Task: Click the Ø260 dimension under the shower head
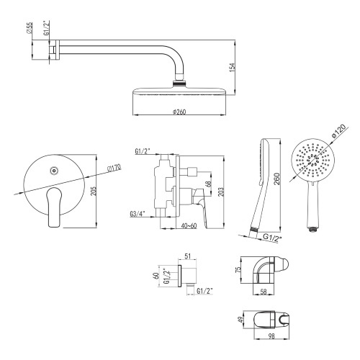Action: click(179, 112)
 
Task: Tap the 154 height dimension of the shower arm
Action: click(232, 68)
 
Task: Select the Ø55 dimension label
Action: click(30, 28)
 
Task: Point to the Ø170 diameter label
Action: click(114, 168)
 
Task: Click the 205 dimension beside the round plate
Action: click(94, 191)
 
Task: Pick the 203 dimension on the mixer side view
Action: click(221, 192)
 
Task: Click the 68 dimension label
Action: click(209, 184)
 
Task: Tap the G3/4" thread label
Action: click(138, 214)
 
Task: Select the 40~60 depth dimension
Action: click(189, 226)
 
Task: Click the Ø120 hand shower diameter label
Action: click(338, 132)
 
